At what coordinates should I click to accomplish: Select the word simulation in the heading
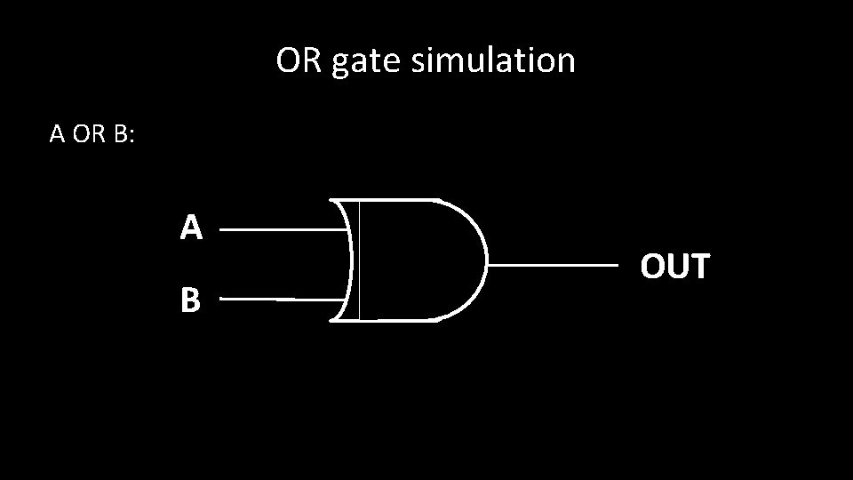point(491,61)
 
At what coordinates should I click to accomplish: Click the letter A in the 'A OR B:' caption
point(57,134)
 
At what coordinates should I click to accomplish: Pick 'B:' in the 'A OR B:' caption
point(124,134)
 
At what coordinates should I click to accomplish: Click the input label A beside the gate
point(191,228)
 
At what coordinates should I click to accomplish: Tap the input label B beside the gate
point(190,301)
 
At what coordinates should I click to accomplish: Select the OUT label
point(675,266)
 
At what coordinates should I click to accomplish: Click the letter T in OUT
point(699,266)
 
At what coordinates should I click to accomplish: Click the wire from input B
point(280,300)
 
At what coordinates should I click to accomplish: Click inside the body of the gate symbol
point(418,260)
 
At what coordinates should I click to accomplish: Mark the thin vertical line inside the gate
point(359,260)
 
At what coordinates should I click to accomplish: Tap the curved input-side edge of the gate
point(350,260)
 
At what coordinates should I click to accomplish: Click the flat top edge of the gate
point(391,199)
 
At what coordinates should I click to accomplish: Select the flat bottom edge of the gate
point(391,320)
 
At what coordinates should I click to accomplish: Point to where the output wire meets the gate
point(489,266)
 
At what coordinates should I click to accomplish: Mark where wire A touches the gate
point(347,228)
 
